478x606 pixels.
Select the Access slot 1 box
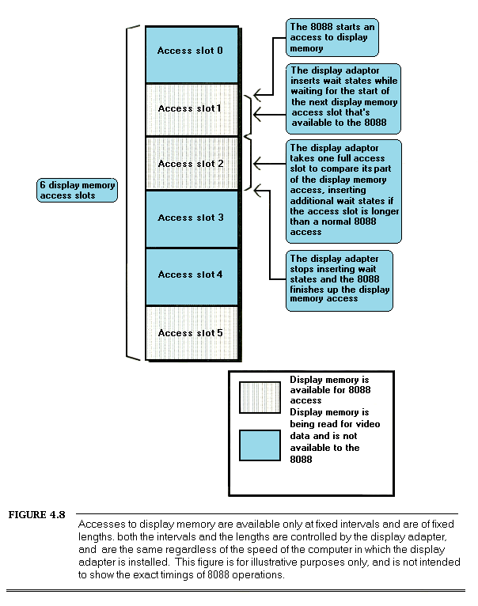click(x=191, y=109)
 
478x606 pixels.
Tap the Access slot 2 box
click(x=191, y=164)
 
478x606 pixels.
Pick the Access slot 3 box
click(x=191, y=218)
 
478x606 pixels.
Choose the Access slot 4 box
click(x=191, y=275)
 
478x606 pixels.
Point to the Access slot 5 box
click(x=191, y=332)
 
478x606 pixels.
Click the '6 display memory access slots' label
click(x=78, y=191)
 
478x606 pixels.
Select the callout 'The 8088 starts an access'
click(x=332, y=37)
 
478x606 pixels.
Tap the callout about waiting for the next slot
click(x=343, y=98)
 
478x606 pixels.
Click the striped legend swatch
click(x=260, y=397)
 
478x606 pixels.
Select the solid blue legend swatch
click(x=260, y=445)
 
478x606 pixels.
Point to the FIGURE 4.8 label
click(x=36, y=516)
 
